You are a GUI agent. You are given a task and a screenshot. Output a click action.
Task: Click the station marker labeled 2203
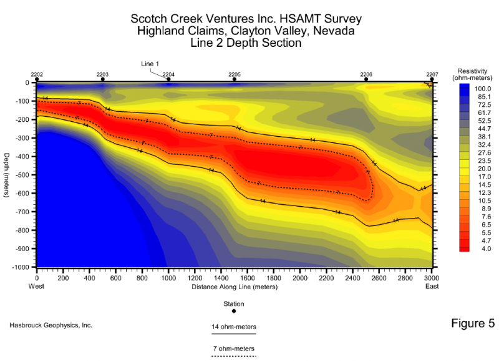click(102, 79)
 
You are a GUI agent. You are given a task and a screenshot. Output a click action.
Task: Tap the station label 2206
click(366, 74)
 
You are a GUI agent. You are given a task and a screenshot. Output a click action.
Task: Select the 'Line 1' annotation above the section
click(150, 64)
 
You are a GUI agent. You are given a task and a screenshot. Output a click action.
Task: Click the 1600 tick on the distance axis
click(247, 278)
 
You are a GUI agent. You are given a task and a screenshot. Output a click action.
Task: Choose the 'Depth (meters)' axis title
click(6, 175)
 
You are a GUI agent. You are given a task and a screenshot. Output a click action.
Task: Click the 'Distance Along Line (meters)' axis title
click(234, 287)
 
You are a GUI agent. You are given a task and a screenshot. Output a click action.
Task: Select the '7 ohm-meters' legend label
click(234, 349)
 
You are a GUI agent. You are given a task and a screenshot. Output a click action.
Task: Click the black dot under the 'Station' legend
click(234, 311)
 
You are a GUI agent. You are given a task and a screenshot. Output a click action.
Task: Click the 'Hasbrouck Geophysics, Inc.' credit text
click(52, 326)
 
